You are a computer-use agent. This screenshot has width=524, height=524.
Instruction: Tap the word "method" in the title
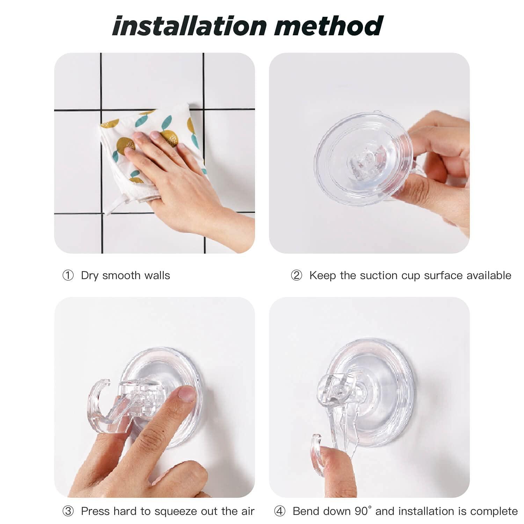tap(329, 26)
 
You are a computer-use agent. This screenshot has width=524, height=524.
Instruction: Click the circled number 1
tap(68, 276)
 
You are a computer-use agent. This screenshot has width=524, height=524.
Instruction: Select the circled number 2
tap(296, 276)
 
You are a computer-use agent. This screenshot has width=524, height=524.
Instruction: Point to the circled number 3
tap(68, 511)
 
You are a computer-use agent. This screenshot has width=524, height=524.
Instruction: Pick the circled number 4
tap(280, 511)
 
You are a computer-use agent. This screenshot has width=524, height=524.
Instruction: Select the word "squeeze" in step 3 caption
tap(176, 511)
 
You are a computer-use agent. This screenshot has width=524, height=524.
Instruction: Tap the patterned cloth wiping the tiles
tap(150, 129)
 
